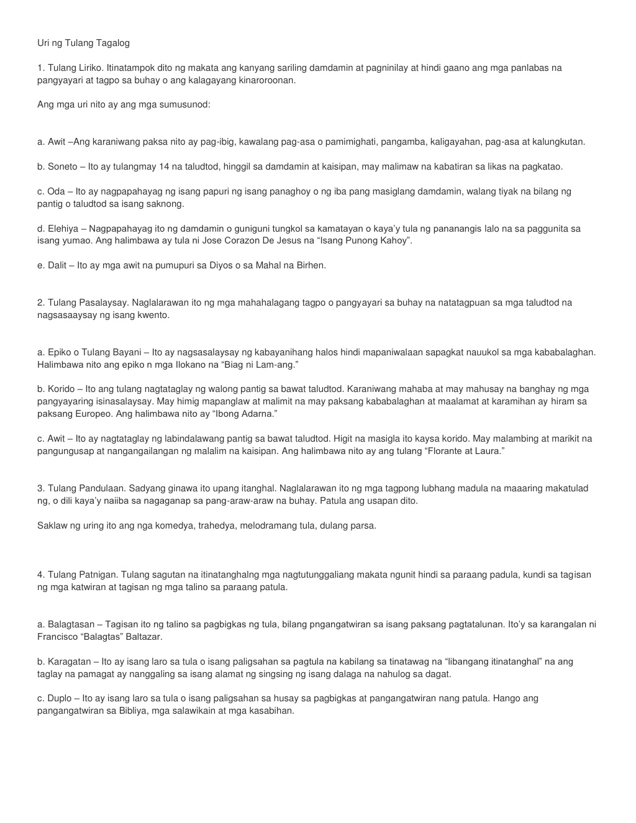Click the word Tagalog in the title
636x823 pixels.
click(112, 43)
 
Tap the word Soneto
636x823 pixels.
click(63, 166)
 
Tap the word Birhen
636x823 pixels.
click(312, 265)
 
